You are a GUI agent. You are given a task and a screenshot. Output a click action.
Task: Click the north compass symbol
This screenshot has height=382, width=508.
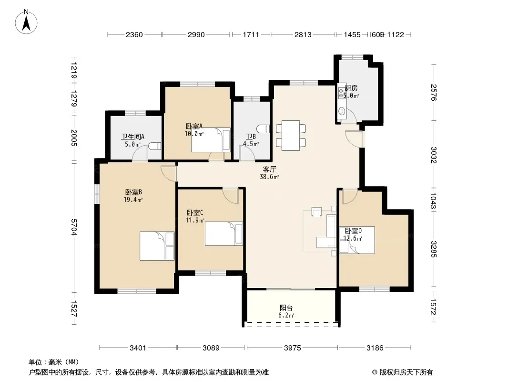coord(26,22)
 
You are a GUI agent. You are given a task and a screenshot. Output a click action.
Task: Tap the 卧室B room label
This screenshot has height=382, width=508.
coord(133,192)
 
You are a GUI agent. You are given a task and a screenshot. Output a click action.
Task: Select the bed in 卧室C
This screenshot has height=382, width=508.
coord(224,233)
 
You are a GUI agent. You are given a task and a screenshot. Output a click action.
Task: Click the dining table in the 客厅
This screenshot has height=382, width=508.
coord(291,135)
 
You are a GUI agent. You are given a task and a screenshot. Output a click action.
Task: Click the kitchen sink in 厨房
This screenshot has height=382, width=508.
coord(342,111)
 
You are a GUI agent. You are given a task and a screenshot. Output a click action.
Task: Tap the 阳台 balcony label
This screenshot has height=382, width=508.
coord(286,308)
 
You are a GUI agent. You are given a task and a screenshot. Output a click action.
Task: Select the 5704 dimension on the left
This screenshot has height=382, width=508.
coord(74,227)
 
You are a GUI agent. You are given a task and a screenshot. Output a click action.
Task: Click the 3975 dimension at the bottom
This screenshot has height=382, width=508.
coord(292,348)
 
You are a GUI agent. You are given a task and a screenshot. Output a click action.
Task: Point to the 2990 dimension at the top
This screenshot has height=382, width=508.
coord(196,34)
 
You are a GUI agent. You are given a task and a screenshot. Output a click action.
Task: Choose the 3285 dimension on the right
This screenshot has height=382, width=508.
coord(434,249)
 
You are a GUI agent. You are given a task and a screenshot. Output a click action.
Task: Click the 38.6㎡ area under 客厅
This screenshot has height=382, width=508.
coord(269,177)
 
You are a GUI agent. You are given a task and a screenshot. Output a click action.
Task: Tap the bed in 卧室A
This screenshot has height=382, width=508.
coord(211,140)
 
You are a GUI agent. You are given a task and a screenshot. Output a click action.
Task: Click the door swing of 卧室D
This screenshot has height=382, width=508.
coord(350,196)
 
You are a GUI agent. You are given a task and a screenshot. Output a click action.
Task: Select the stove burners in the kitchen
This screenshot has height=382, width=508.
coord(341,93)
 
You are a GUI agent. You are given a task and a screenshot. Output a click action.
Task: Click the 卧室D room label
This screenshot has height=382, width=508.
coord(353,231)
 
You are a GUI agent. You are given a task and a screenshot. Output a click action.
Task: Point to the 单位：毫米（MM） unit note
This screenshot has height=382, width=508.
coord(54,362)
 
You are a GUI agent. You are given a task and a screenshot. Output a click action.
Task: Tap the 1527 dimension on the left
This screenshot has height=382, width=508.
coord(74,308)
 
